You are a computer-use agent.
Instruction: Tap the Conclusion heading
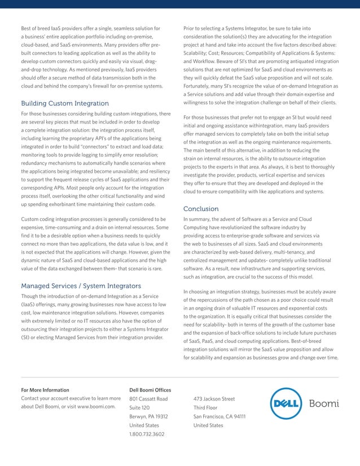[201, 209]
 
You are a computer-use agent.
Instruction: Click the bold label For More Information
[45, 390]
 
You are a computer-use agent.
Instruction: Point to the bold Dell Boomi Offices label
[150, 390]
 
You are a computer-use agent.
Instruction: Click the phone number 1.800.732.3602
[147, 434]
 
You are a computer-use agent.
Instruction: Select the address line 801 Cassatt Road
[148, 399]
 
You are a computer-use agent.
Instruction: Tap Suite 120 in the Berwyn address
[139, 407]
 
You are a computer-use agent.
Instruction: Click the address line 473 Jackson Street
[214, 399]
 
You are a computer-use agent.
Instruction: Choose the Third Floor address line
[205, 407]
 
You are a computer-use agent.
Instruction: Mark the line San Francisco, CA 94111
[219, 416]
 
